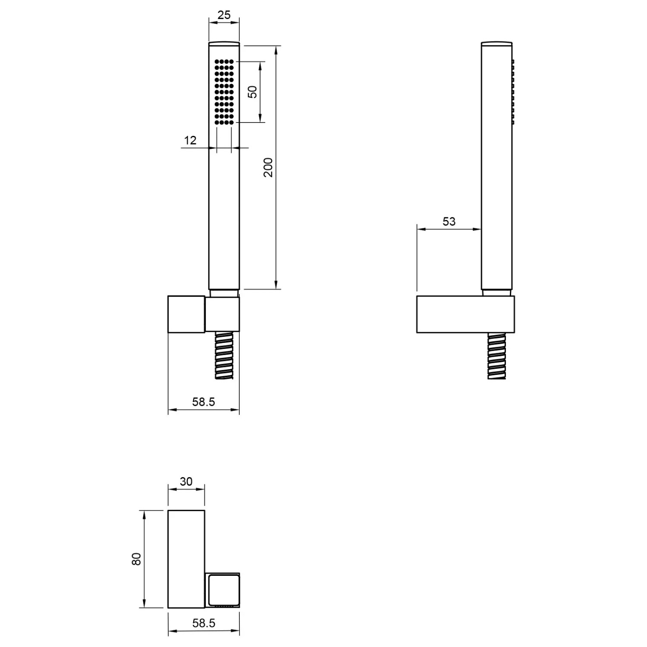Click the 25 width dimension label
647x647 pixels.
tap(224, 15)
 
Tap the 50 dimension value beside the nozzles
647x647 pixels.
tap(253, 92)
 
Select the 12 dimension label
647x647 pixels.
tap(190, 140)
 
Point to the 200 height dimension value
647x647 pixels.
tap(268, 167)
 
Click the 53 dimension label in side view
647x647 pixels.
tap(449, 221)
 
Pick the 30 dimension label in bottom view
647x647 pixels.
tap(186, 481)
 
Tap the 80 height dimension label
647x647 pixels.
tap(137, 559)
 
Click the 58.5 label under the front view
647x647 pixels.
tap(204, 402)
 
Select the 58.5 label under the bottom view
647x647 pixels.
tap(204, 623)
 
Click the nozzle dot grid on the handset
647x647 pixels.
tap(224, 92)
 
